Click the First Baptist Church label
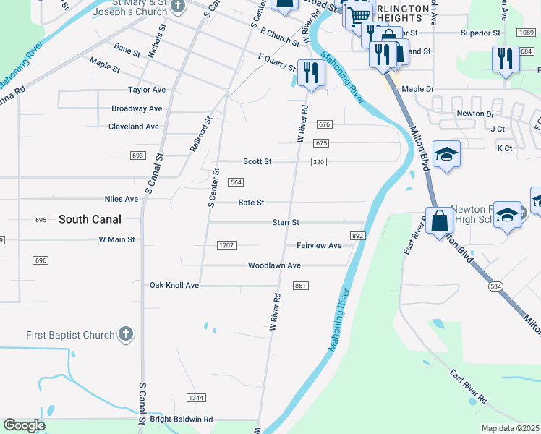70,335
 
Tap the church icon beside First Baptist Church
126,334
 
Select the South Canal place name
90,219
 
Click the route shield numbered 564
237,183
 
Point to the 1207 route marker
226,245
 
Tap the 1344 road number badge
195,398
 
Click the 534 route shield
495,286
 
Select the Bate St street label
251,203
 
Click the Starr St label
286,223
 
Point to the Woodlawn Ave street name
274,265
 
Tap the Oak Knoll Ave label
174,286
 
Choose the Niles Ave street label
121,199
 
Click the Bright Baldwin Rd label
182,419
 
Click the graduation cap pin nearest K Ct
446,153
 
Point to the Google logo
24,425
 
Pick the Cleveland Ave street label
133,127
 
